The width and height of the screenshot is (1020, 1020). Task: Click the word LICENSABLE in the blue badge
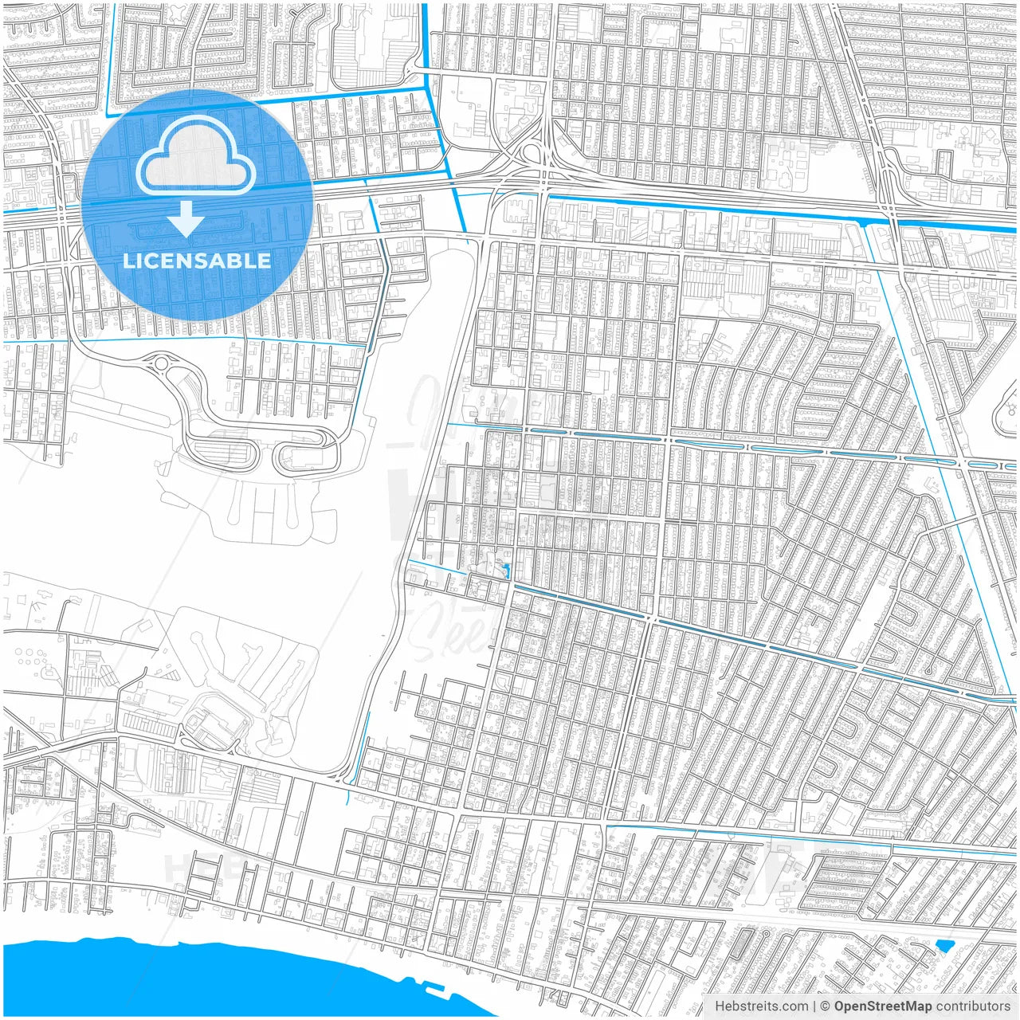point(197,261)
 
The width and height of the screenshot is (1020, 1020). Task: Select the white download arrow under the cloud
point(186,219)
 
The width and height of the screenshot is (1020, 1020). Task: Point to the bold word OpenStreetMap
point(883,1006)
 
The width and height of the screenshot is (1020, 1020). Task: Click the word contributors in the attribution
point(973,1006)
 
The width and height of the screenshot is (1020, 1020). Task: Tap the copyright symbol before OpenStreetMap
point(826,1006)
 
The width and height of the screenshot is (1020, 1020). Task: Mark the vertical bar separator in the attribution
point(814,1006)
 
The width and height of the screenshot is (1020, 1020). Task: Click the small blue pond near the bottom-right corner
point(944,947)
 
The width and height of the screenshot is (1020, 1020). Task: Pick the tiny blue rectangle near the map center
point(506,571)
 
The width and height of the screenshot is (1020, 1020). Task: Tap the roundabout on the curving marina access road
point(162,364)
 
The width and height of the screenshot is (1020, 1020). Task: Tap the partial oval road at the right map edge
point(1006,414)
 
